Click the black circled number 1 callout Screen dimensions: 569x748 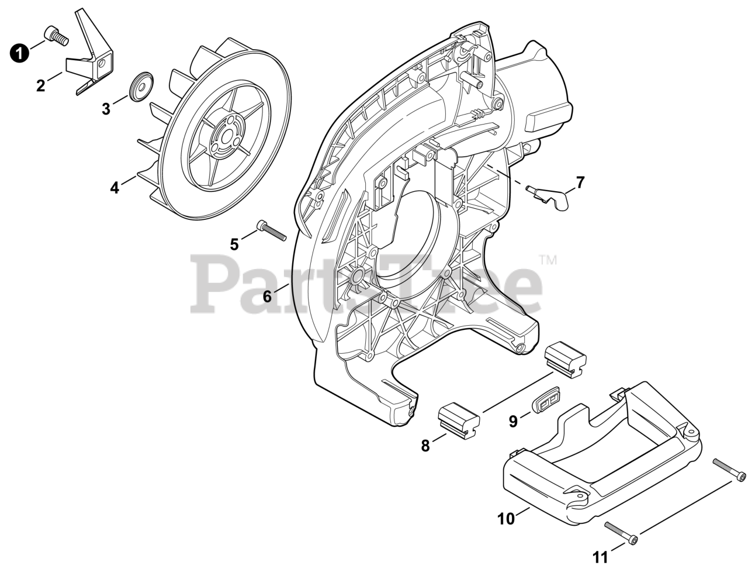(x=19, y=54)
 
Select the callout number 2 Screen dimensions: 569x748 (x=40, y=86)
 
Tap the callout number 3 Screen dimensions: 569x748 (x=106, y=109)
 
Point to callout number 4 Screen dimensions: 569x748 (x=115, y=188)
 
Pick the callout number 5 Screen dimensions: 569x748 (x=234, y=244)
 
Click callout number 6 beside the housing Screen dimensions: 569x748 (x=267, y=296)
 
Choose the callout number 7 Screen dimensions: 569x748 (x=580, y=182)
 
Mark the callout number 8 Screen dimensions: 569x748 (x=425, y=446)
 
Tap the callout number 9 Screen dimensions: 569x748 (x=513, y=421)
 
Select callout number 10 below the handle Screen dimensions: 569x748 (x=506, y=519)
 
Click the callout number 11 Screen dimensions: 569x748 (x=601, y=556)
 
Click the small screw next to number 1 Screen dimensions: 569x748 (x=56, y=35)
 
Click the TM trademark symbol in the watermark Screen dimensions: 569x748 (x=548, y=258)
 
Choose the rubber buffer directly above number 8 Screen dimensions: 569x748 (x=459, y=419)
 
